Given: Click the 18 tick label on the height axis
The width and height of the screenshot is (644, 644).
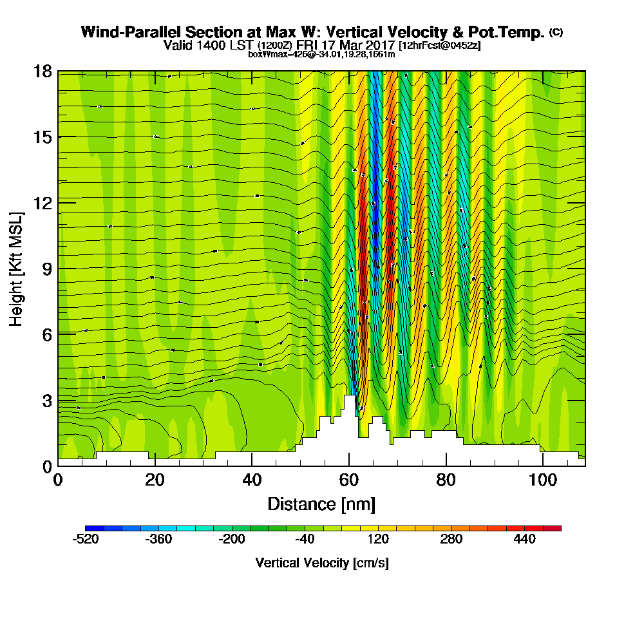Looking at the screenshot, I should [43, 71].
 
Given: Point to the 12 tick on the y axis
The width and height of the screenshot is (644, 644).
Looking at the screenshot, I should [43, 203].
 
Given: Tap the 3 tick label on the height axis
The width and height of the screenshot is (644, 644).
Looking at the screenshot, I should [47, 400].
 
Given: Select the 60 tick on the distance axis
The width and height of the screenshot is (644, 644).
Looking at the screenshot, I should [348, 480].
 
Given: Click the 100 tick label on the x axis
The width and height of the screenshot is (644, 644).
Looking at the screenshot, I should [542, 480].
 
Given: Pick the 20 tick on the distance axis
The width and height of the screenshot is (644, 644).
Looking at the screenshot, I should [155, 480].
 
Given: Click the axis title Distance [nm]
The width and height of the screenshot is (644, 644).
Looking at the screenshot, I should [321, 504].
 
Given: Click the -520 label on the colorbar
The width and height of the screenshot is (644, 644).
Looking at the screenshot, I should [86, 540].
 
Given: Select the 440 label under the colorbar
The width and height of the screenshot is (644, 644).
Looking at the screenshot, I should [525, 540].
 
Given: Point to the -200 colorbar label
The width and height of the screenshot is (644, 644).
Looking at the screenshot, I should [232, 540].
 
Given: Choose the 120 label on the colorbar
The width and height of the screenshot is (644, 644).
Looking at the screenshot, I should [379, 540].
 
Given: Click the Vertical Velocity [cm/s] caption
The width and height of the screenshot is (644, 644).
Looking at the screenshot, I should [321, 563].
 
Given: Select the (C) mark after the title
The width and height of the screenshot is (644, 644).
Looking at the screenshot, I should [556, 32].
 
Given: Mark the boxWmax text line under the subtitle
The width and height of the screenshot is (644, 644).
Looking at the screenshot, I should [321, 54].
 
